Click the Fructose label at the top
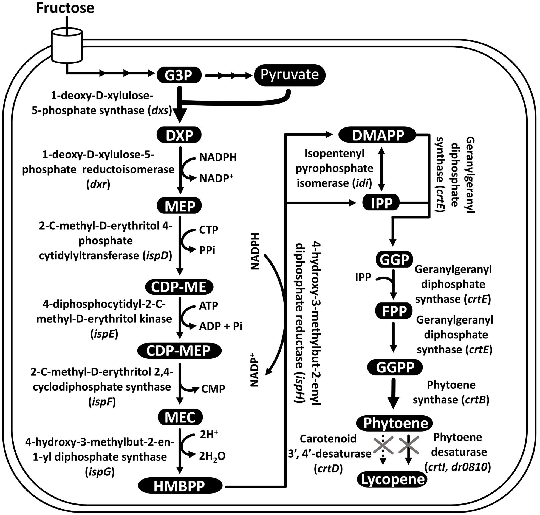[65, 8]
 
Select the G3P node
[179, 75]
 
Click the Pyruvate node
[290, 75]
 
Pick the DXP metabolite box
[179, 135]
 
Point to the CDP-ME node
[179, 287]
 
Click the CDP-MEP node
[179, 351]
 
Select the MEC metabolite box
[180, 417]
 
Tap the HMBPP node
[180, 486]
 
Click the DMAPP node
[378, 135]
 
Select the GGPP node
[395, 367]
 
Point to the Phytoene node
[395, 423]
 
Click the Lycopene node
[393, 480]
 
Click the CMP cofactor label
[213, 389]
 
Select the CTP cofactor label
[208, 230]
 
